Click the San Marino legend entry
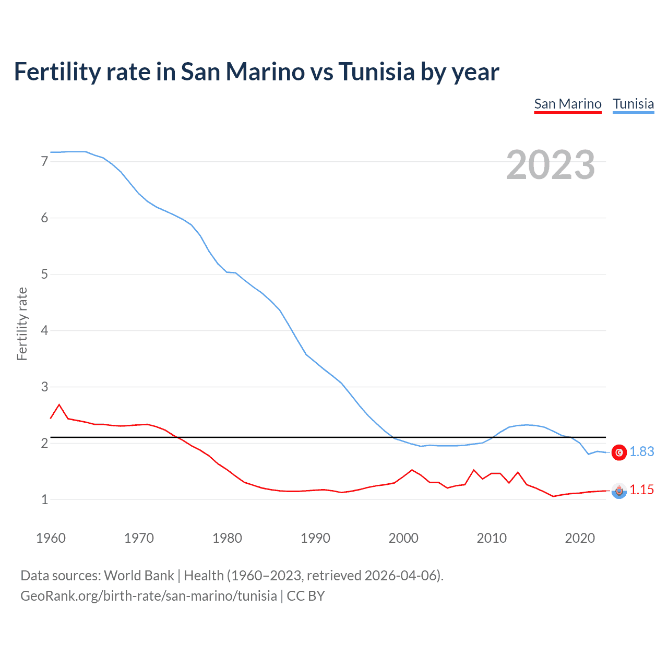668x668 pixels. point(568,104)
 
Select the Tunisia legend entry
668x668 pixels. point(633,104)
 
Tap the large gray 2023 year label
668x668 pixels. point(551,165)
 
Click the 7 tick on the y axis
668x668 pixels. point(44,162)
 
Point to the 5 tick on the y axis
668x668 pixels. point(44,275)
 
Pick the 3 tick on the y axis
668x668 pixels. point(44,387)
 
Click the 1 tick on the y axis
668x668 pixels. point(44,500)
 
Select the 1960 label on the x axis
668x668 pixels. point(51,538)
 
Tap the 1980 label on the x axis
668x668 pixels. point(227,538)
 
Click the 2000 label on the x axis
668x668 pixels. point(403,538)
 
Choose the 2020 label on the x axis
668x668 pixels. point(580,538)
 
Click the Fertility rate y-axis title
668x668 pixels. point(22,324)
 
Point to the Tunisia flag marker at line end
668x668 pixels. point(619,452)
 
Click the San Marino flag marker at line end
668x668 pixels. point(619,491)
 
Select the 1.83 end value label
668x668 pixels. point(641,452)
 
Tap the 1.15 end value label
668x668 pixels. point(641,490)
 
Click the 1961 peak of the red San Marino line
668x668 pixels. point(59,404)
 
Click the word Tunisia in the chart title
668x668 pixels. point(376,71)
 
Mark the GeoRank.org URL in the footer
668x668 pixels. point(149,596)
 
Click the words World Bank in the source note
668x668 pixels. point(139,576)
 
